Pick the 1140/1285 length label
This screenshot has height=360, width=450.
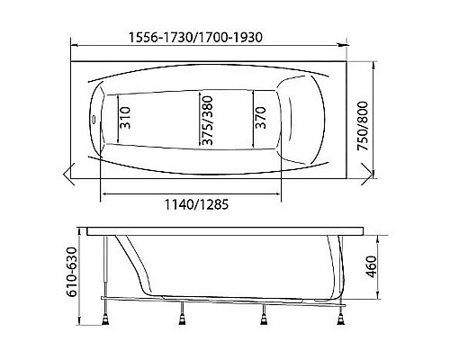[x=192, y=204]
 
